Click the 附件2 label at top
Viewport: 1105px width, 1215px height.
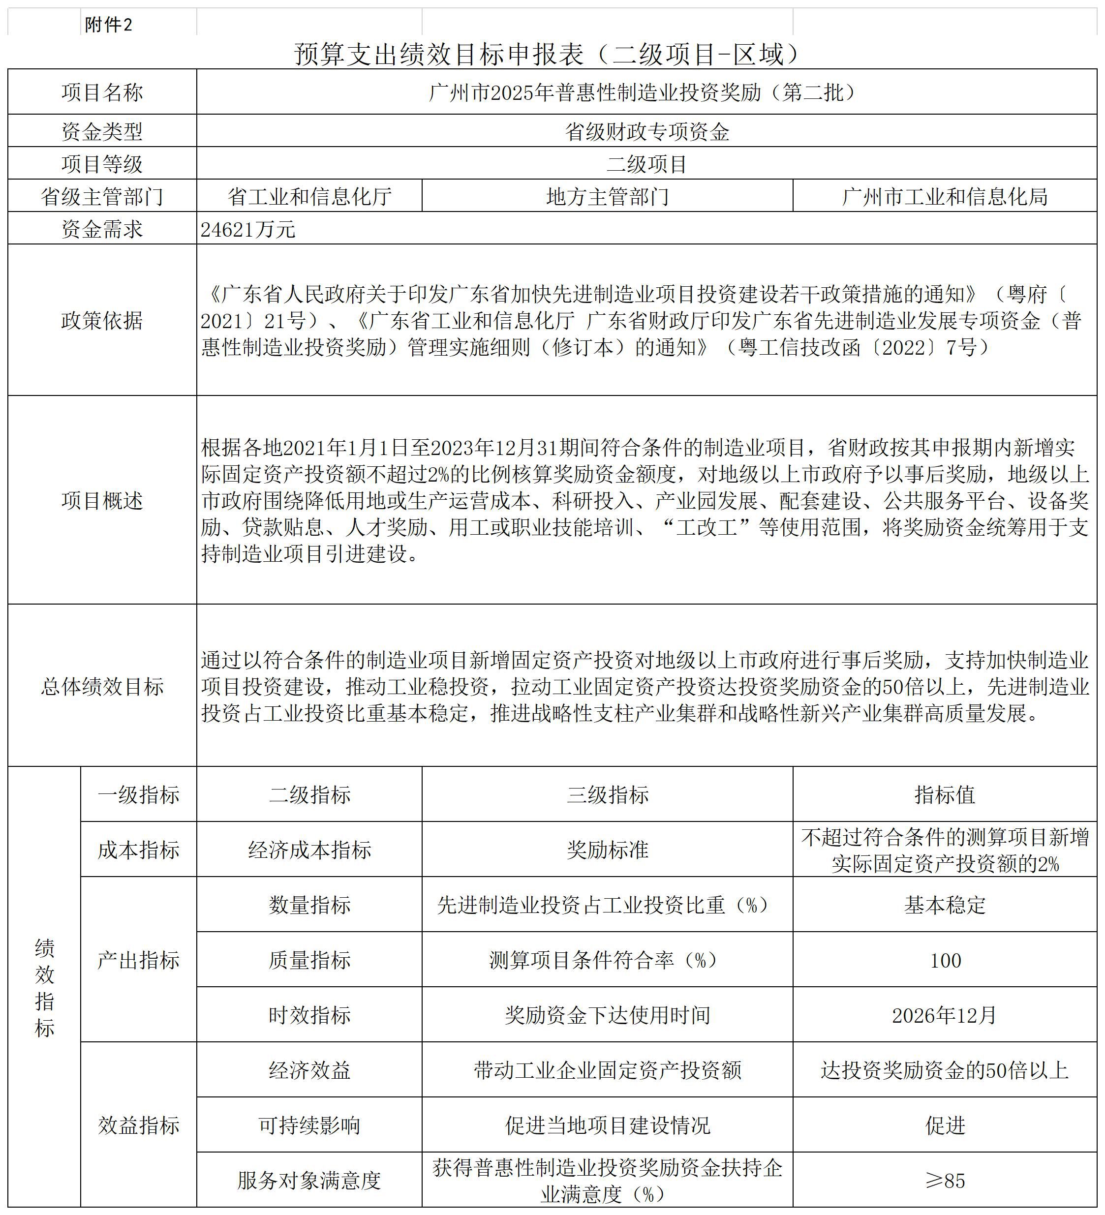109,25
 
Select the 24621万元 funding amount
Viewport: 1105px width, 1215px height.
248,230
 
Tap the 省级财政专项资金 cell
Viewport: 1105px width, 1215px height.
647,131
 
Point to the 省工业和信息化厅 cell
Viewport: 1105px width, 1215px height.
309,196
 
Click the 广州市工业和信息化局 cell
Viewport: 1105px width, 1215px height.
945,196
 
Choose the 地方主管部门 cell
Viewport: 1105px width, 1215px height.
607,196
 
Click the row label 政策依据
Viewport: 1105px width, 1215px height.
102,321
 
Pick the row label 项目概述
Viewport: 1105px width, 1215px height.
102,501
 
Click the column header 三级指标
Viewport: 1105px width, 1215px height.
607,795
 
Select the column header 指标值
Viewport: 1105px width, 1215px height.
945,795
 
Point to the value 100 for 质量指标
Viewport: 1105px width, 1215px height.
945,961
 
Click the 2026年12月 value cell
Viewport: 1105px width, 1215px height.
945,1015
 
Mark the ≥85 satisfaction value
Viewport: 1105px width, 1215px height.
945,1181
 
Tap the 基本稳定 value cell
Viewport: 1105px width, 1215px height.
945,905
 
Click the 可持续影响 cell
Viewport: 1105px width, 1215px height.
309,1125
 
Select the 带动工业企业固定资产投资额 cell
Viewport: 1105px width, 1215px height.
607,1070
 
